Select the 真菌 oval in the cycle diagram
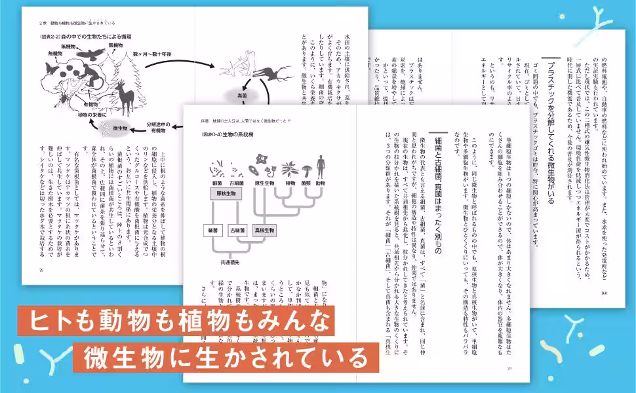pyautogui.click(x=242, y=96)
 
